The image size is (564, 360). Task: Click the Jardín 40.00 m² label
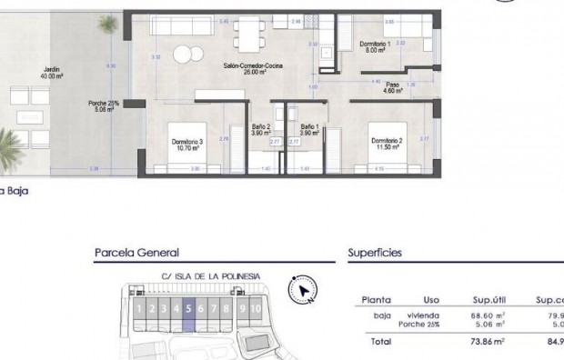(x=50, y=74)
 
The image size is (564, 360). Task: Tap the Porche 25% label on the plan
(x=105, y=105)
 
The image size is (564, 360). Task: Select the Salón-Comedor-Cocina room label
(x=247, y=68)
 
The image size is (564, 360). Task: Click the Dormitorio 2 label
(x=387, y=143)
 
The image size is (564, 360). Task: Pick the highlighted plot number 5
(x=187, y=308)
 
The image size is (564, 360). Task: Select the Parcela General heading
(x=136, y=254)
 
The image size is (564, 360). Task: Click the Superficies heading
(x=375, y=254)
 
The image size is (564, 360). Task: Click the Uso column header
(x=431, y=298)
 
